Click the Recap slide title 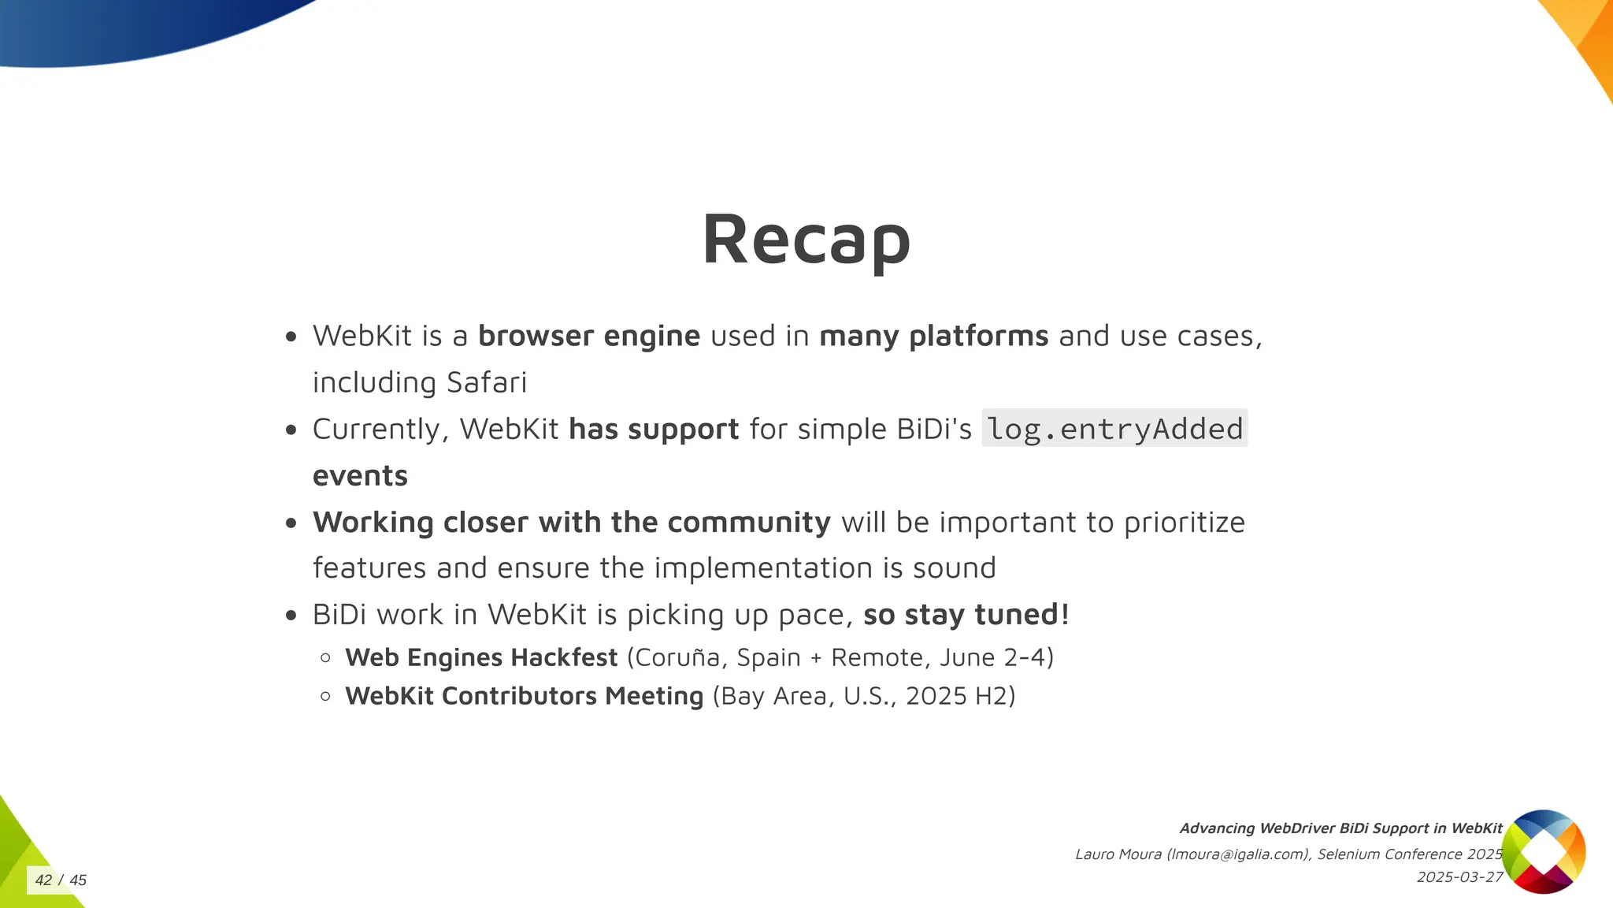806,239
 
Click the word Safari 486,382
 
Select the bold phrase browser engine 588,336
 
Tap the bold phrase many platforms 933,336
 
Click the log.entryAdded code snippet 1114,429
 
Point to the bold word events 360,475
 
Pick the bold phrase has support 653,429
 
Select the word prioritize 1184,522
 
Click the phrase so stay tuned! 966,614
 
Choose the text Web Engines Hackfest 480,657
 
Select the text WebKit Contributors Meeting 524,696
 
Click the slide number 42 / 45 61,880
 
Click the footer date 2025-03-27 1459,876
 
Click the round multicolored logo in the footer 1543,851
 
